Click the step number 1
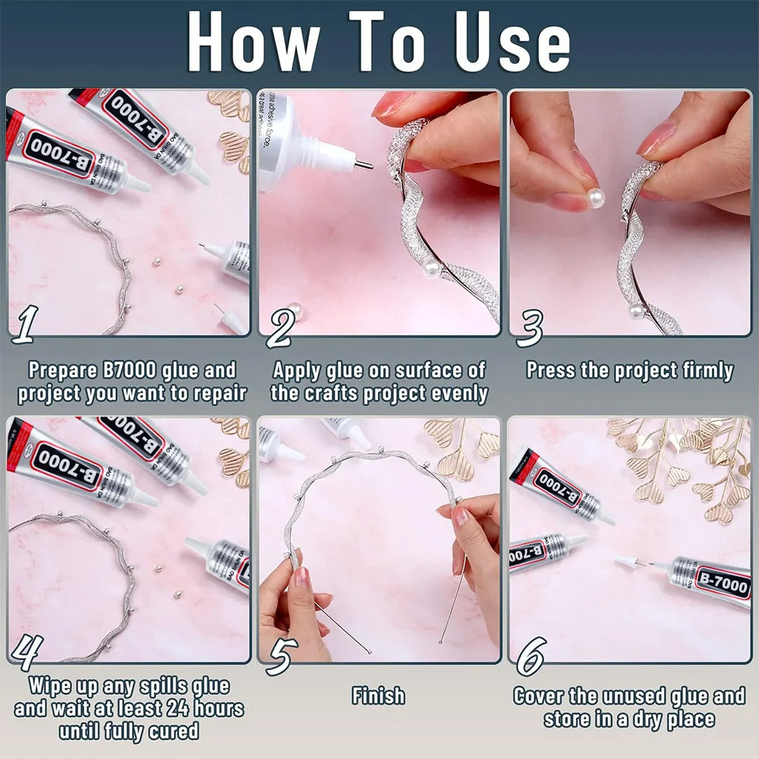[x=24, y=324]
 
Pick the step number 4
[x=27, y=652]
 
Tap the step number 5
[x=280, y=655]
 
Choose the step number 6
[x=531, y=655]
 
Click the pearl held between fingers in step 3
[x=596, y=198]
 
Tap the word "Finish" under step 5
[x=378, y=695]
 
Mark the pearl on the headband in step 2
[x=431, y=269]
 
